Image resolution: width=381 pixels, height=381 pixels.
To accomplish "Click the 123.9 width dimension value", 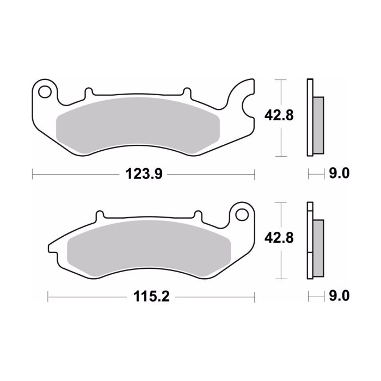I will click(x=142, y=174).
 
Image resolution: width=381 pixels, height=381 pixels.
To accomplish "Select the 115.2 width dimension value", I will click(x=148, y=297).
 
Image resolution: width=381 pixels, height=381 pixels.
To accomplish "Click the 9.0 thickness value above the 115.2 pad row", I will click(x=338, y=174).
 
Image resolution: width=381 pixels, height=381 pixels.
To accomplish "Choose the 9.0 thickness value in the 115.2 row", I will click(x=338, y=297).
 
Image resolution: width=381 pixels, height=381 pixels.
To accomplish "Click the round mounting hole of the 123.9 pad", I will click(x=45, y=89).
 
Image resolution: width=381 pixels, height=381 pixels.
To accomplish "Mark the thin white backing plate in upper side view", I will click(x=310, y=117).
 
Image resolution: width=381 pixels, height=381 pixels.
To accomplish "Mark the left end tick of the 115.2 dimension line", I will click(x=48, y=297).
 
